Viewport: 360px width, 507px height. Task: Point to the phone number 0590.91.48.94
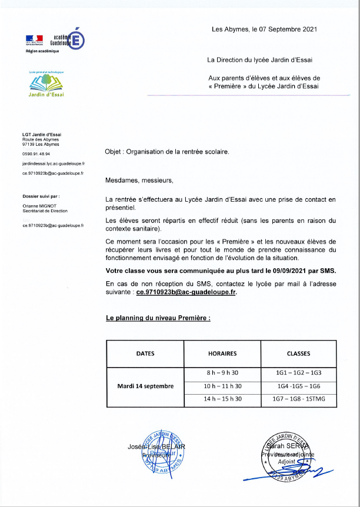tap(36, 154)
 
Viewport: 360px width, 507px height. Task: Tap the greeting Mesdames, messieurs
tap(139, 180)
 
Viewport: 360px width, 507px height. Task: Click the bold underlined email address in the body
tap(186, 291)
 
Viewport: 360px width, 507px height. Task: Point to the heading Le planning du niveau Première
tap(158, 318)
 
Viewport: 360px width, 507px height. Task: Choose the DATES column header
tap(145, 353)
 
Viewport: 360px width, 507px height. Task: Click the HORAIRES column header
tap(222, 353)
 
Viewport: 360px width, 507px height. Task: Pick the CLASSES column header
tap(298, 353)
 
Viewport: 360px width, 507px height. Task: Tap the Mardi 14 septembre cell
tap(145, 386)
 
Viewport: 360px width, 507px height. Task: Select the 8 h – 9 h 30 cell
tap(222, 373)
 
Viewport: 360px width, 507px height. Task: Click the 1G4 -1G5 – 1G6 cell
tap(298, 386)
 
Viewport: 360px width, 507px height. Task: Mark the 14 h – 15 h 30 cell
tap(222, 399)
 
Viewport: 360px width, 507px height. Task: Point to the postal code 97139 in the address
tap(29, 144)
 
